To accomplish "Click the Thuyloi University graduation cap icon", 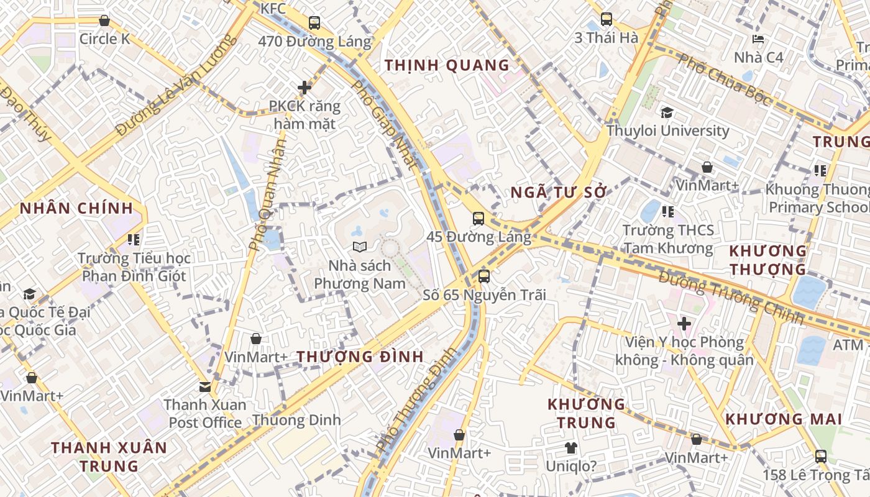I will point(667,112).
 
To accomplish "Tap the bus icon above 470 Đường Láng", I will point(314,24).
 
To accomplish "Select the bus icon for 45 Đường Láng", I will point(478,219).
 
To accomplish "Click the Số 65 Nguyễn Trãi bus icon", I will point(484,276).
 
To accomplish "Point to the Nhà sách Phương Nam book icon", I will point(359,247).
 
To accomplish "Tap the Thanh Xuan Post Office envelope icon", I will point(205,387).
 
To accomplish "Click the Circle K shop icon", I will point(104,21).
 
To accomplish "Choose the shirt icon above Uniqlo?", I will point(571,447).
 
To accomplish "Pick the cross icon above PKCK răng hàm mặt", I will point(304,88).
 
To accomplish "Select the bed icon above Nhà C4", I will point(758,39).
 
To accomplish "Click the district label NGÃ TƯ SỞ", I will point(558,193).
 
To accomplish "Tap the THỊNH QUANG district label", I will point(447,65).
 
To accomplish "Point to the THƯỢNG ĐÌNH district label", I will point(360,357).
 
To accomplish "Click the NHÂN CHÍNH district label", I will point(76,208).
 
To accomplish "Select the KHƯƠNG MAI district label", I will point(784,419).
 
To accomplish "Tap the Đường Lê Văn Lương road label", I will point(176,85).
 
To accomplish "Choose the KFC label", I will point(273,9).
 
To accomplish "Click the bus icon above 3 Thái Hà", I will point(607,19).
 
